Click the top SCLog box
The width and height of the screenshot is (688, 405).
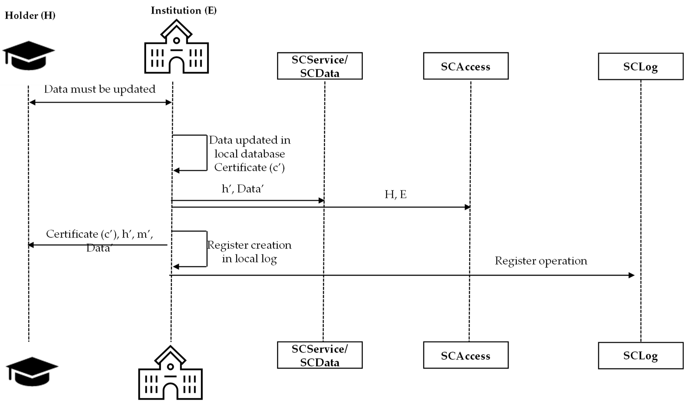pos(640,66)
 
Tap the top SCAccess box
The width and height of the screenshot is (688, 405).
pos(466,66)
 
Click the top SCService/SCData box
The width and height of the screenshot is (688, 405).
pos(320,66)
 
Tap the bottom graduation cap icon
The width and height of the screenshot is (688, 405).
pos(32,371)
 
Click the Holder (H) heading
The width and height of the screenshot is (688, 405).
pos(30,16)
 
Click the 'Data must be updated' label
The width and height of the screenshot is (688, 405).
pos(100,89)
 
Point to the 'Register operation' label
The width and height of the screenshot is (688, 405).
pos(541,261)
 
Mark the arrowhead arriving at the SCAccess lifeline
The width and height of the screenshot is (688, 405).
pos(467,207)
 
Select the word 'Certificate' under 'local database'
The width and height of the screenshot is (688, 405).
pos(240,167)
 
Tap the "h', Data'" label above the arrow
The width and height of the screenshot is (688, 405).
pos(243,189)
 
